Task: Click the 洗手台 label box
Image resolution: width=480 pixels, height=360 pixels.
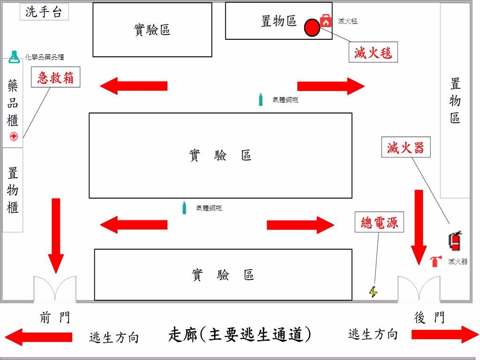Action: [44, 12]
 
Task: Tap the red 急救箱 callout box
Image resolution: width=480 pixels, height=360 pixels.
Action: [56, 77]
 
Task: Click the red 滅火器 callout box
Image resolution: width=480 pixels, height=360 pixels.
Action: [405, 147]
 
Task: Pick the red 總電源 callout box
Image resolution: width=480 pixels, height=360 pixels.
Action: [379, 223]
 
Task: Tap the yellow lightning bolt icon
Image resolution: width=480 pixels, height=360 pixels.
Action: [373, 292]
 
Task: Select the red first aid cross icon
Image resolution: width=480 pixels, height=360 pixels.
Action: [14, 137]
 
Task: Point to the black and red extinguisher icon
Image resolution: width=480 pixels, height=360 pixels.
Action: [455, 240]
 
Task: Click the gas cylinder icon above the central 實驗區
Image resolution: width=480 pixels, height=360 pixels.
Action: [261, 99]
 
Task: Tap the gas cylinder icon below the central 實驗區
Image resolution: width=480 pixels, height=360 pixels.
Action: [184, 208]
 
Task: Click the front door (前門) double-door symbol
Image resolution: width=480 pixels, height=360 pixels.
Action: [55, 288]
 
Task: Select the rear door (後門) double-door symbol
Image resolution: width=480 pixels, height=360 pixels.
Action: [419, 288]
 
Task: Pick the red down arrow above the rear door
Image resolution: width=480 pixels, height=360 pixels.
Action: [419, 227]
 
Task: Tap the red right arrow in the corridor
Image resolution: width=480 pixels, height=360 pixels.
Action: [444, 335]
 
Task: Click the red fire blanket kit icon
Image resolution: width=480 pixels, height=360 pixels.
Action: [326, 20]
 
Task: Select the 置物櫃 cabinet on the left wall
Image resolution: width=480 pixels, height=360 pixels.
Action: [13, 190]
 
